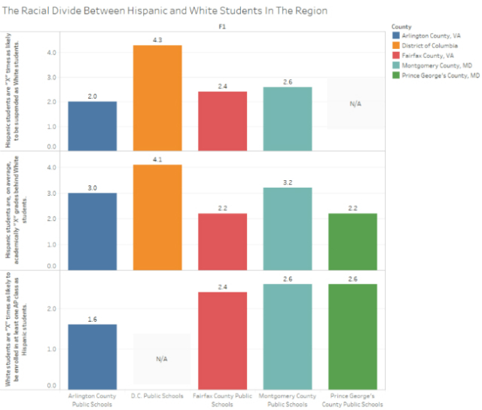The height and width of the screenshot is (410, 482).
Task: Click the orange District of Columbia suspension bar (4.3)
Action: (x=158, y=97)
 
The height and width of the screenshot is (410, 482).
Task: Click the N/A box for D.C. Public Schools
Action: (x=161, y=359)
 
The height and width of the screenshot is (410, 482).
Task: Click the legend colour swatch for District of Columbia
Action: (x=396, y=45)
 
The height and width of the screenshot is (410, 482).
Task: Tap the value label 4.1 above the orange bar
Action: (x=157, y=158)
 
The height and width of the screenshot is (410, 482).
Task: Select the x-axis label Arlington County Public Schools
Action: (x=92, y=399)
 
